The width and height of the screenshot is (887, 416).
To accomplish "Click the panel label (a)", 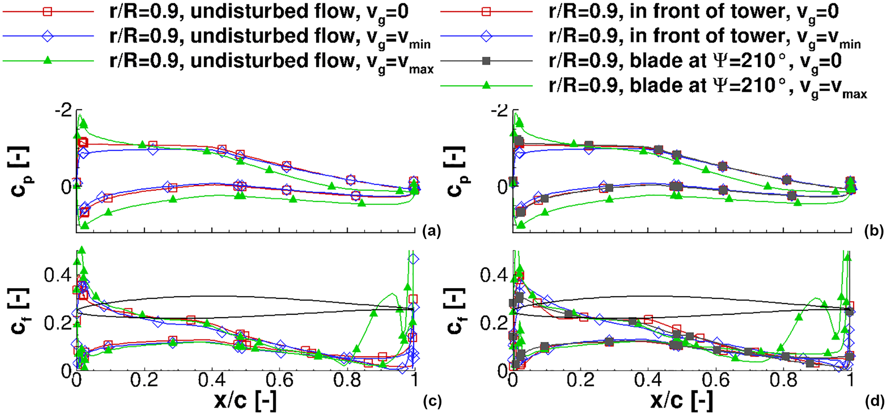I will [431, 231].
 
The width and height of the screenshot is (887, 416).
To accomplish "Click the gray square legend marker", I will [486, 61].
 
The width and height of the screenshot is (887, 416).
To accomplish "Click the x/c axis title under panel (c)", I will [245, 401].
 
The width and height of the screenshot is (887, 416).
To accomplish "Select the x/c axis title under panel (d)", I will [682, 401].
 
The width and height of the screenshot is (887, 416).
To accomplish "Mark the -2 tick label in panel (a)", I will [64, 111].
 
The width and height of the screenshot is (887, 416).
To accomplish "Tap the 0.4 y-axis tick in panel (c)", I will [58, 275].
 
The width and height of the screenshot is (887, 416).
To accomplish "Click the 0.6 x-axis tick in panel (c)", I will [279, 380].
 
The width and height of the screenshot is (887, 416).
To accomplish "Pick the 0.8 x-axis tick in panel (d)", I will [784, 380].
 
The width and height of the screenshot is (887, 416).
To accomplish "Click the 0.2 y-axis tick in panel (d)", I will [493, 323].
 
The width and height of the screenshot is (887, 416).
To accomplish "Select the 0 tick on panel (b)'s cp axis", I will [503, 187].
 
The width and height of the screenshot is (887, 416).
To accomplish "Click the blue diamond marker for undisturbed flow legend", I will [48, 36].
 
